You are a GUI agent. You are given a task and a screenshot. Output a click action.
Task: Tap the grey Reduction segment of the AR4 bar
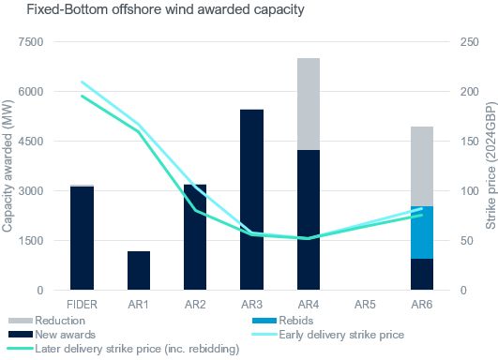pos(309,103)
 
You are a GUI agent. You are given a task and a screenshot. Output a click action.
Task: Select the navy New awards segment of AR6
pos(422,274)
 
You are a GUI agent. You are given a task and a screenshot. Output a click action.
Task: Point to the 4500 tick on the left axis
pos(32,142)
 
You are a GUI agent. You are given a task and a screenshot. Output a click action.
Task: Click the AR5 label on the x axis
pos(365,306)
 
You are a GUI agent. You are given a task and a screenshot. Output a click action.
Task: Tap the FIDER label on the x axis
pos(82,306)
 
